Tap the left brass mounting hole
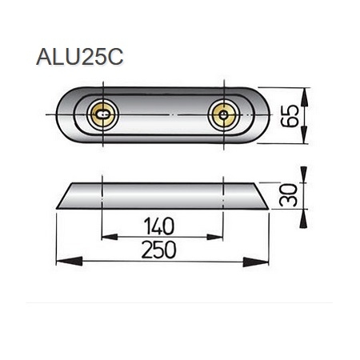click(x=101, y=117)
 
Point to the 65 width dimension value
click(x=294, y=117)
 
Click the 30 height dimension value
click(x=292, y=194)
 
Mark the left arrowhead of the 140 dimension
click(x=106, y=236)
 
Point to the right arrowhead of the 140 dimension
click(x=218, y=236)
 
